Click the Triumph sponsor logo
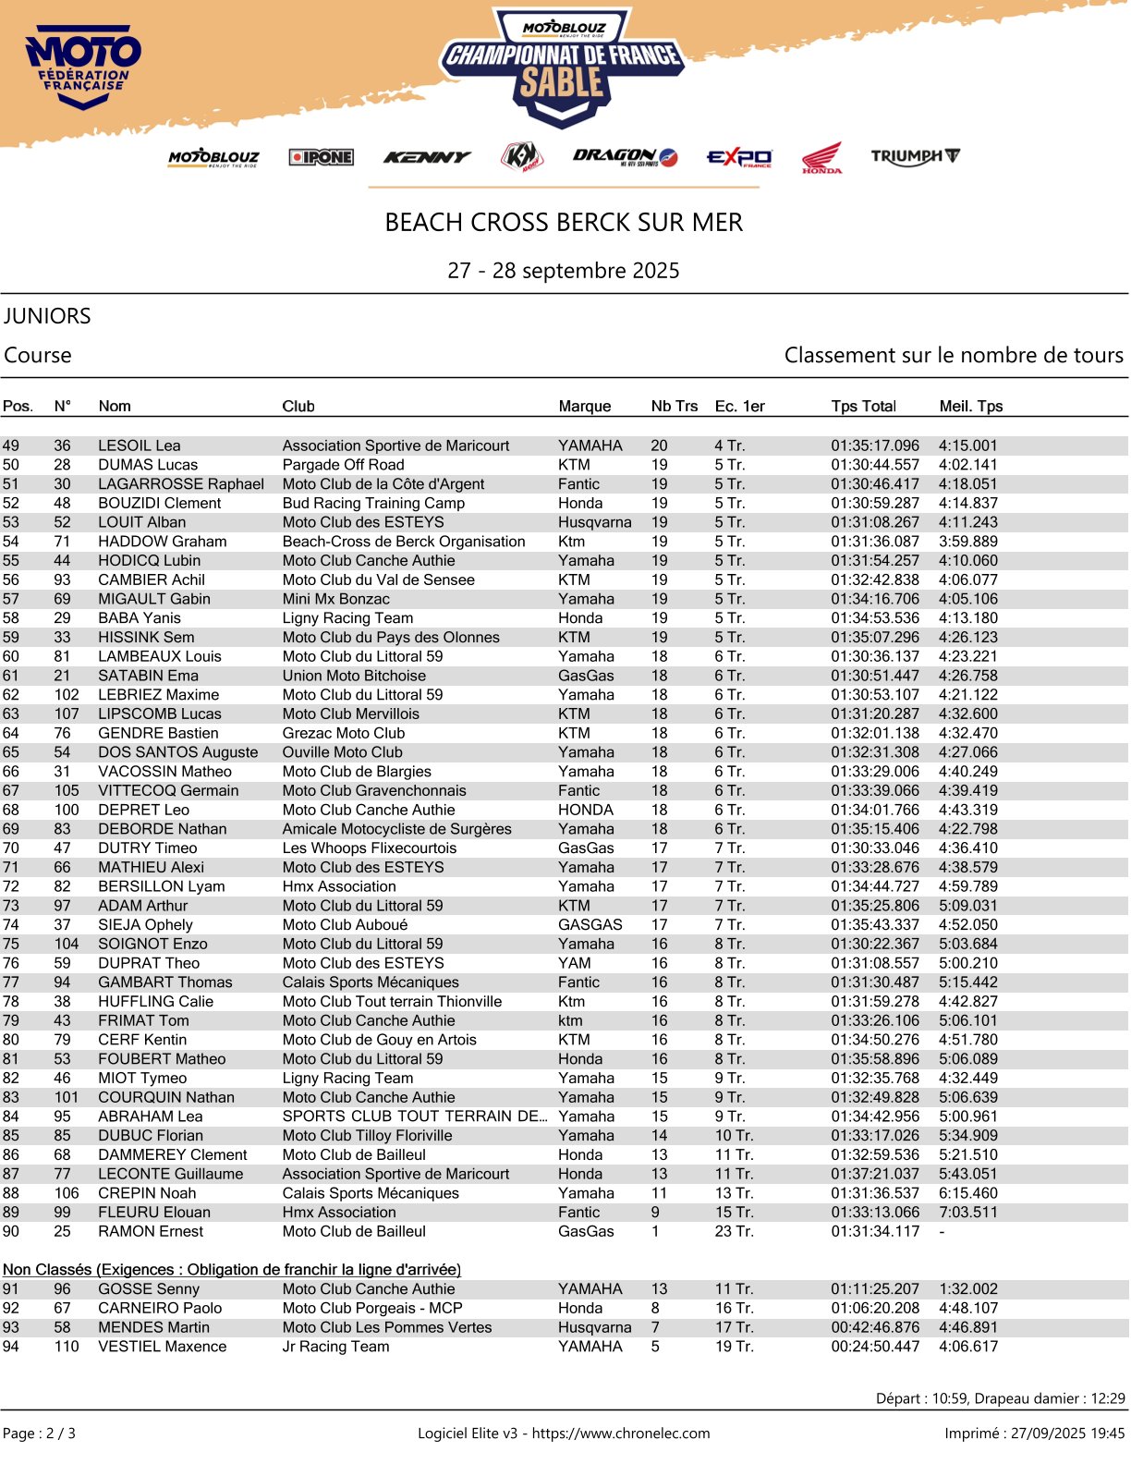[915, 156]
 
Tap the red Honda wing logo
[821, 157]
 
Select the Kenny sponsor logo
[427, 157]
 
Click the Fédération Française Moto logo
[83, 69]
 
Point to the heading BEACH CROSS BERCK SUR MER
[564, 223]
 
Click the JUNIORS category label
[47, 316]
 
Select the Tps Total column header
[863, 406]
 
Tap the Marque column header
[584, 406]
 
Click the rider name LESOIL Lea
[140, 445]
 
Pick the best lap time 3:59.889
[968, 542]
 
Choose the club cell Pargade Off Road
[343, 465]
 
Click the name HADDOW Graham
[163, 542]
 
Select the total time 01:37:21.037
[875, 1174]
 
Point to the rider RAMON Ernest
[151, 1231]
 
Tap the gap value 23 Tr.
[734, 1231]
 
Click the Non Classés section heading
[232, 1270]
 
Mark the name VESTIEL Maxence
[162, 1347]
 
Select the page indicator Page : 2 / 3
[40, 1433]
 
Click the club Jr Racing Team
[335, 1347]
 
